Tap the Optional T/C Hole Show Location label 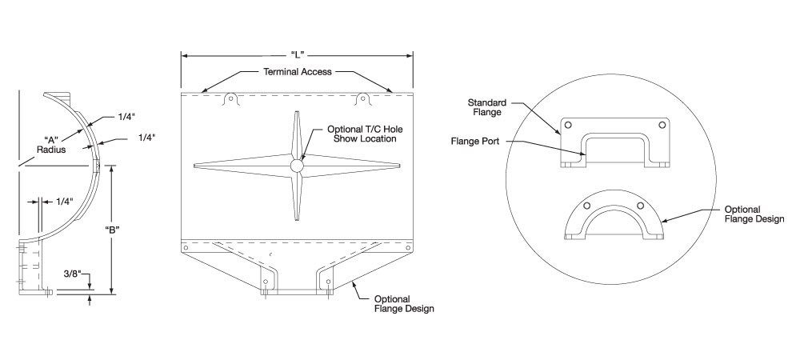[359, 134]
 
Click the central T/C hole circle [297, 166]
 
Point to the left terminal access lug [231, 99]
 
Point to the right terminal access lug [362, 99]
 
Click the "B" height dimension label [113, 230]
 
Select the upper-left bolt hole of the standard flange [567, 126]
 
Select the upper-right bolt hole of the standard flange [662, 126]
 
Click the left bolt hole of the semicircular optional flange [586, 206]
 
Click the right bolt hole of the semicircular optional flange [640, 206]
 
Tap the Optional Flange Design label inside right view [753, 214]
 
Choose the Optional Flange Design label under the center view [404, 303]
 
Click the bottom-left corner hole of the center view [186, 248]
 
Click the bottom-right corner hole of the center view [407, 248]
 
